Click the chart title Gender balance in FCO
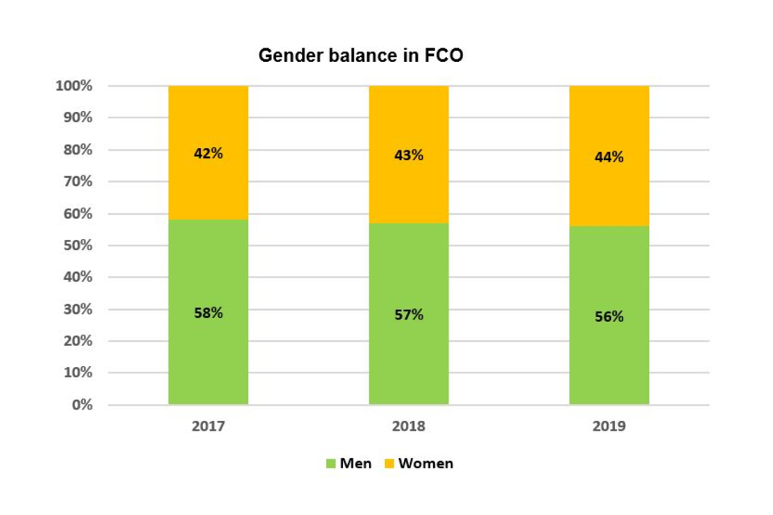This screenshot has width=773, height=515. click(x=361, y=56)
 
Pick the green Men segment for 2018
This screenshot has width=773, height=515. click(x=408, y=354)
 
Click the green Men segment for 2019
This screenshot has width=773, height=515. click(x=609, y=354)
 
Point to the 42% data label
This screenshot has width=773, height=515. click(x=208, y=153)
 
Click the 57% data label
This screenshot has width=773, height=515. click(x=408, y=315)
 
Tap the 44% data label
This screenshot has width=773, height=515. click(x=609, y=157)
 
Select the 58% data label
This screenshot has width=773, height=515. click(x=208, y=313)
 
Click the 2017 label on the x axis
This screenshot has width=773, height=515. click(x=208, y=426)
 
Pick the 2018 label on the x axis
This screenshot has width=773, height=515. click(x=408, y=426)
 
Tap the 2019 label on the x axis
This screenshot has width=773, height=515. click(x=609, y=426)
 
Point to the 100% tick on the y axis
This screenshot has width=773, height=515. click(x=74, y=86)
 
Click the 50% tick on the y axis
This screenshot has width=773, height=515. click(x=77, y=245)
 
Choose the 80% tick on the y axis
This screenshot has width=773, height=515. click(x=77, y=150)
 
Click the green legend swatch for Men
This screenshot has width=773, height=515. click(x=330, y=463)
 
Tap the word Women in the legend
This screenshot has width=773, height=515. click(x=426, y=463)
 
